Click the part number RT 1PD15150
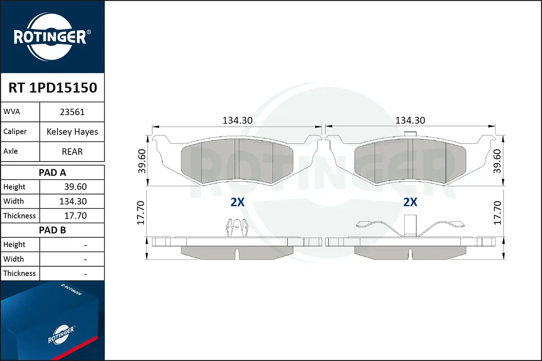(x=53, y=88)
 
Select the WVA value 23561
(x=72, y=112)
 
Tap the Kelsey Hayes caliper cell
(x=72, y=132)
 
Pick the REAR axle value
(x=72, y=152)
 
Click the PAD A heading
(x=52, y=173)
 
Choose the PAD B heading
(x=52, y=230)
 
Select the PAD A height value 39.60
(x=75, y=187)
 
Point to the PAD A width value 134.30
(x=73, y=201)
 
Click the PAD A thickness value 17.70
(x=75, y=216)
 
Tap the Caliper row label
(x=15, y=131)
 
